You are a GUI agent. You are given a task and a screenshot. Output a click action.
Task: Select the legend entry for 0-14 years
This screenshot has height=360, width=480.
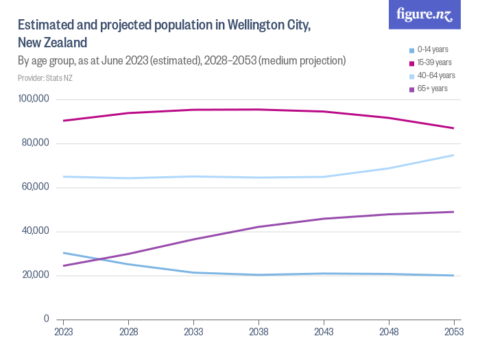click(x=428, y=49)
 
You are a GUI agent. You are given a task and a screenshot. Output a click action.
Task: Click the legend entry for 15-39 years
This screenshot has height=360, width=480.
click(x=430, y=62)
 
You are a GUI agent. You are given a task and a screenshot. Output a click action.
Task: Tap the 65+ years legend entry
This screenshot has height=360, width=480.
click(x=428, y=88)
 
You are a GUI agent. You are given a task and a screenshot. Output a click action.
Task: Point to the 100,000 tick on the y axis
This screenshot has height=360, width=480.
click(x=33, y=99)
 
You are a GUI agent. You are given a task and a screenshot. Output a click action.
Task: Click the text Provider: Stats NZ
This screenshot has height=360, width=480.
click(x=45, y=77)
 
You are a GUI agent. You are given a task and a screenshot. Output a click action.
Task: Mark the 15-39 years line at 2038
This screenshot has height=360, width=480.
click(x=259, y=110)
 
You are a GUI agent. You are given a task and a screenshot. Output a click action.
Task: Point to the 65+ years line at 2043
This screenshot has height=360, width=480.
click(x=324, y=219)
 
